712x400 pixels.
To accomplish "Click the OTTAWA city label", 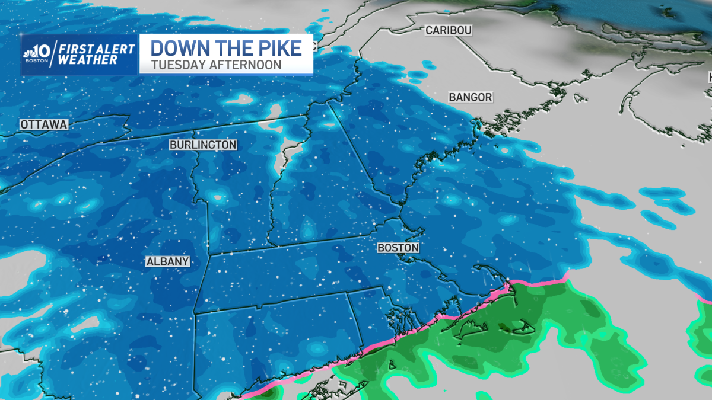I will click(x=44, y=124).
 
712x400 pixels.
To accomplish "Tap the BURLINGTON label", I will click(x=203, y=145).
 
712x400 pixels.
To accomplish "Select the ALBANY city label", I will click(x=169, y=261).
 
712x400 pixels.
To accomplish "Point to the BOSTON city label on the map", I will click(x=398, y=248).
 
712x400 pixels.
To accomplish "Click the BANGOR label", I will click(x=471, y=97).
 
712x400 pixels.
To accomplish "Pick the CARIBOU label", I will click(x=448, y=30).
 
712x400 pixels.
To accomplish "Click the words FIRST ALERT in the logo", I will click(x=97, y=49).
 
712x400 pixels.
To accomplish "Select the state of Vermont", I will click(x=237, y=190).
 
